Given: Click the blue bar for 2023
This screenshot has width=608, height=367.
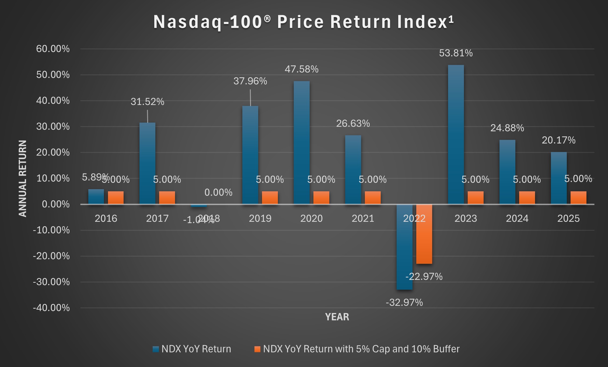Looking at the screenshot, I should [456, 135].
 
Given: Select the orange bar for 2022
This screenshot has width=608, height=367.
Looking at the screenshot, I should [424, 234].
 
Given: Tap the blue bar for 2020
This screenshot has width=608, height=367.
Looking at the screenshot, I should [302, 143].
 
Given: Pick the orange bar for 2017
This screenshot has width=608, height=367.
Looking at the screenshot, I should [167, 198].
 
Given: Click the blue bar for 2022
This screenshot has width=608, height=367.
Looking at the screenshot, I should [404, 247].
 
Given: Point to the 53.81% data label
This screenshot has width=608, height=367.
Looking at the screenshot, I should [456, 53].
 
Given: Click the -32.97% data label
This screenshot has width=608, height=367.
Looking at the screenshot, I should [404, 303].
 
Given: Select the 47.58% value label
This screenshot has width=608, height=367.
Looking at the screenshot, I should [302, 69].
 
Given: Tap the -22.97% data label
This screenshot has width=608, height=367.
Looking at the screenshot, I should [424, 277].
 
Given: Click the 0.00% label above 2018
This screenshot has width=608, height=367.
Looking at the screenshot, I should [218, 192].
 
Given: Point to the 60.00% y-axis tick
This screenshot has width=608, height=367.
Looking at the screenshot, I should [53, 49].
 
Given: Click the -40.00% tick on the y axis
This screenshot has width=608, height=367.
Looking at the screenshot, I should [51, 308].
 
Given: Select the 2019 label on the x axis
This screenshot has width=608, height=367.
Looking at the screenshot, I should [260, 218].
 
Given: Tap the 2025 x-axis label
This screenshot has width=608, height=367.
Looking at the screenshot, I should [568, 218].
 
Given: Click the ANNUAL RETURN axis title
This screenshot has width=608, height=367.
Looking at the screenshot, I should [23, 178].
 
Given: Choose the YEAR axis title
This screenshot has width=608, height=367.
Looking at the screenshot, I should [337, 317].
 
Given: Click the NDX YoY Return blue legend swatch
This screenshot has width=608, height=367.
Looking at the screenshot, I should [156, 349].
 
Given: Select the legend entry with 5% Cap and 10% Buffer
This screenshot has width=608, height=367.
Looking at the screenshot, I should [361, 349].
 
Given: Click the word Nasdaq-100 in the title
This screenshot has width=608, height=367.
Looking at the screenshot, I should [207, 22].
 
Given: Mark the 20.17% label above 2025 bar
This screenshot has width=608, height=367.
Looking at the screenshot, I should [558, 140].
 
